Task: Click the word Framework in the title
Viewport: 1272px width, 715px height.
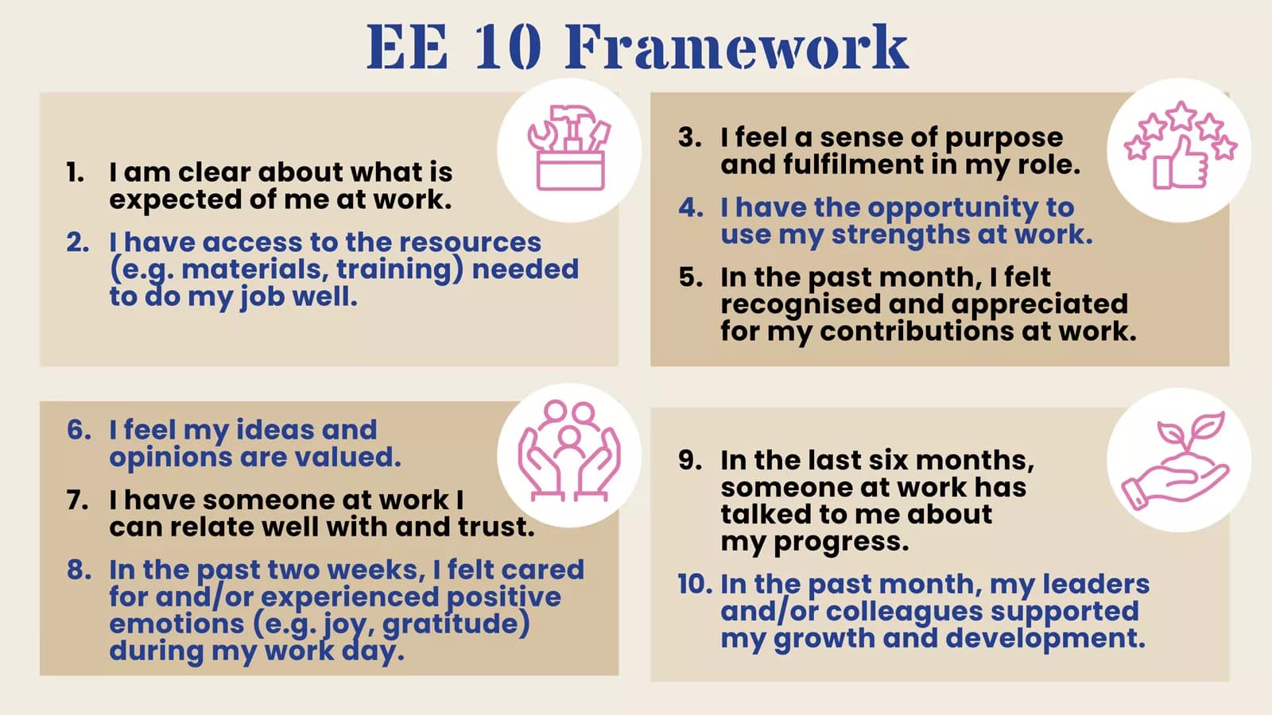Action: pos(736,47)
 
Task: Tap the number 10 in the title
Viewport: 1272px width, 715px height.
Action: pos(507,47)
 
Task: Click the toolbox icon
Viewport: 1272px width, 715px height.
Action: pos(569,148)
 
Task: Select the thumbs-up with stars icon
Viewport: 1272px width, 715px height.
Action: pos(1180,145)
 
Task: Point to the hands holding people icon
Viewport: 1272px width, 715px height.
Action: pos(569,451)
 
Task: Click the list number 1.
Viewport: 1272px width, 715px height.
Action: pos(75,172)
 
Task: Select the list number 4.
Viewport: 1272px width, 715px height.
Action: pos(691,207)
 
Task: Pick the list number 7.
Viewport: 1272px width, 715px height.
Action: pos(77,500)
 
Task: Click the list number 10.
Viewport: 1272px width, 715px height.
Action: pos(695,585)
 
